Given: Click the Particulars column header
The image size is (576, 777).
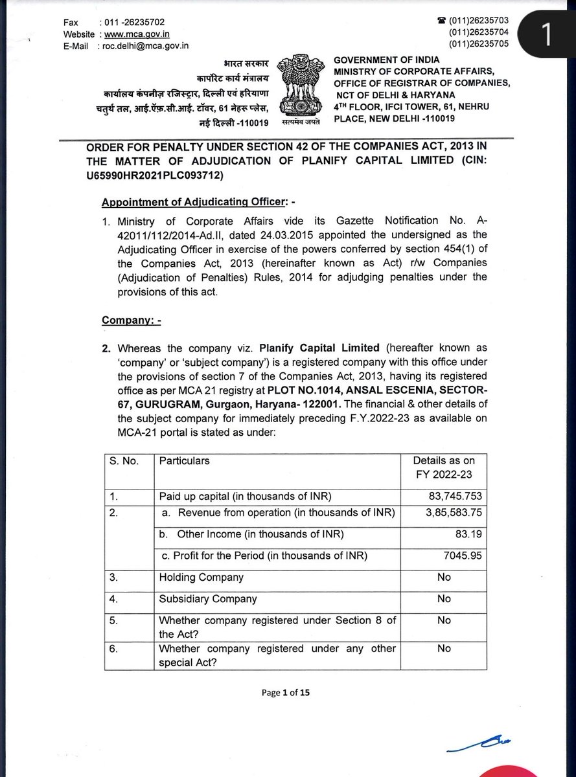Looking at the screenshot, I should pyautogui.click(x=184, y=461).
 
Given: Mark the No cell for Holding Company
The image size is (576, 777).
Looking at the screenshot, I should pyautogui.click(x=444, y=577).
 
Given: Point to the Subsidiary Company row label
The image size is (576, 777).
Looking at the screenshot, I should pyautogui.click(x=207, y=599).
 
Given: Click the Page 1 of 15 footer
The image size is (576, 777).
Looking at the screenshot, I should pyautogui.click(x=286, y=692).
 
